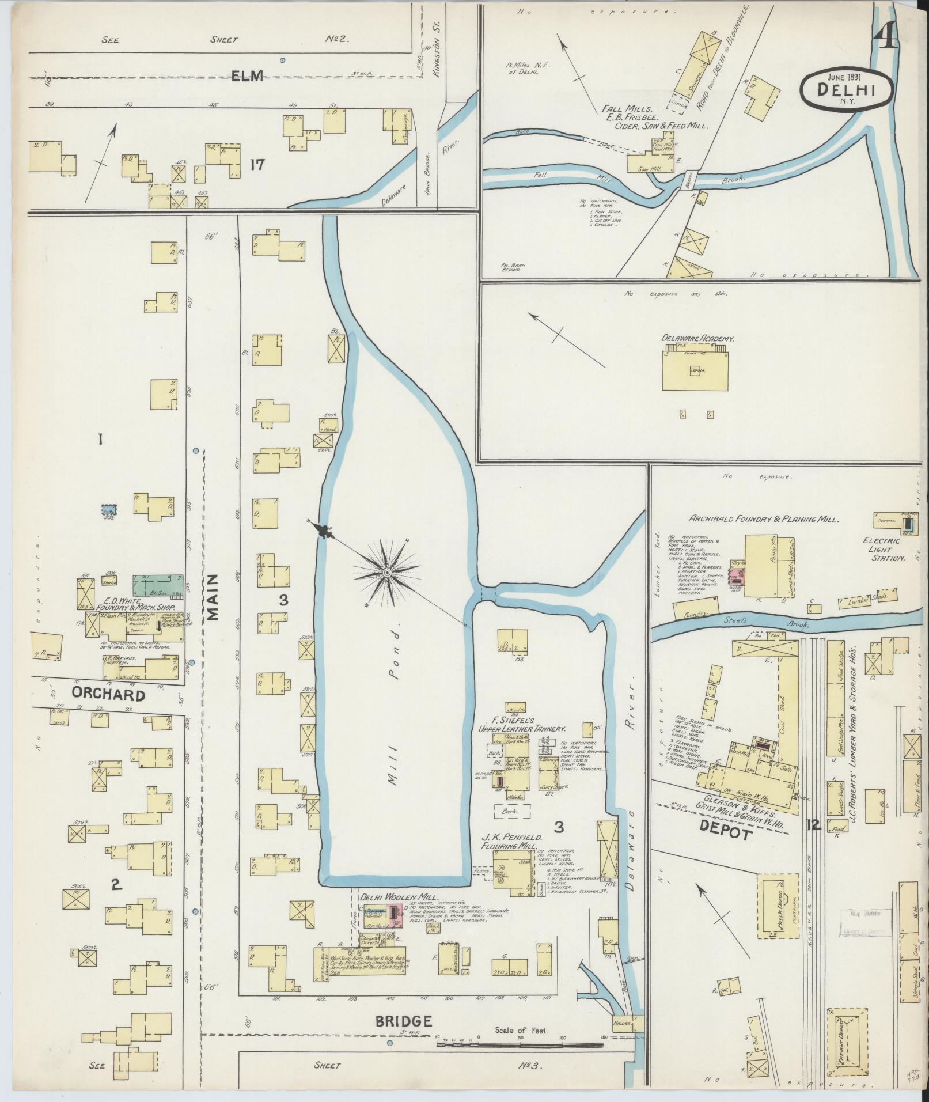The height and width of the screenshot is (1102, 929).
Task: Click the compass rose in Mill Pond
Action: [x=387, y=573]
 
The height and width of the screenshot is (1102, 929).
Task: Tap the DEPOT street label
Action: [x=727, y=835]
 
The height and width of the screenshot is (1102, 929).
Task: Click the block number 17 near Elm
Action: [x=257, y=165]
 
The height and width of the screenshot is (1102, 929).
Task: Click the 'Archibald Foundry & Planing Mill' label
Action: [x=764, y=519]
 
